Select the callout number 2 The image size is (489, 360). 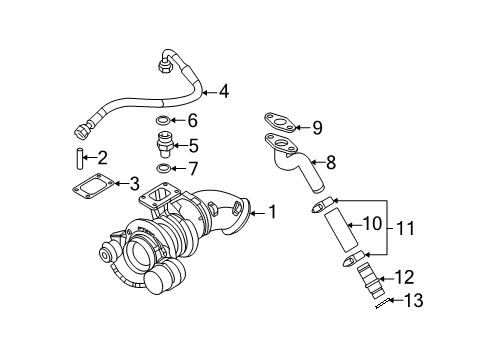[x=102, y=157]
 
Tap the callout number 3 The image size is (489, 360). [x=132, y=183]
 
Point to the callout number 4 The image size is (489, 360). [x=223, y=92]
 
